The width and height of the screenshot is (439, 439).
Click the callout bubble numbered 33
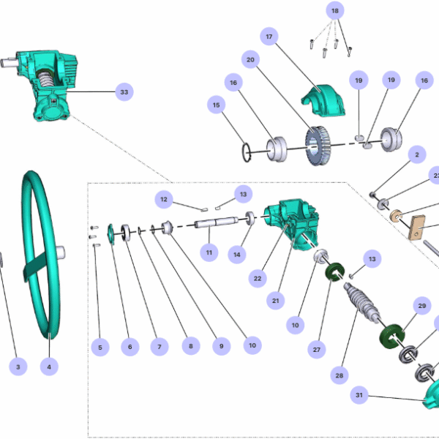coord(124,92)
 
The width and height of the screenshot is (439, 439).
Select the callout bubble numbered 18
coord(334,12)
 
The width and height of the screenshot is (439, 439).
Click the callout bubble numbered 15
coord(217,106)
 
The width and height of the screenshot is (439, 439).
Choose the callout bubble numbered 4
coord(49,365)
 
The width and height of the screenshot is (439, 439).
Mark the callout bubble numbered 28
coord(339,375)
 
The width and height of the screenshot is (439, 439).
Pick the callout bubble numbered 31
coord(359,396)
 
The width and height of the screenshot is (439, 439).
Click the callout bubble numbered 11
coord(209,252)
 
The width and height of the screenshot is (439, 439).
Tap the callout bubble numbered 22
coord(257,277)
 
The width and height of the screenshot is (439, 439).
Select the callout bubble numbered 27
coord(317,350)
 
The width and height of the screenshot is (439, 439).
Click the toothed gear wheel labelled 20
coord(318,148)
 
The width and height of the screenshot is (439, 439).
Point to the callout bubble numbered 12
coord(165,199)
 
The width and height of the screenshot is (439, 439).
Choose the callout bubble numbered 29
coord(421,305)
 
